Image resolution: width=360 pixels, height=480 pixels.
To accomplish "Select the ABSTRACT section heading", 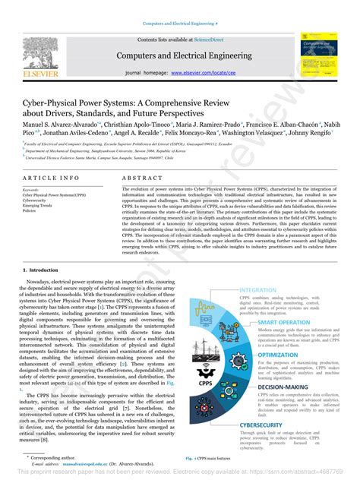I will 140,177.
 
